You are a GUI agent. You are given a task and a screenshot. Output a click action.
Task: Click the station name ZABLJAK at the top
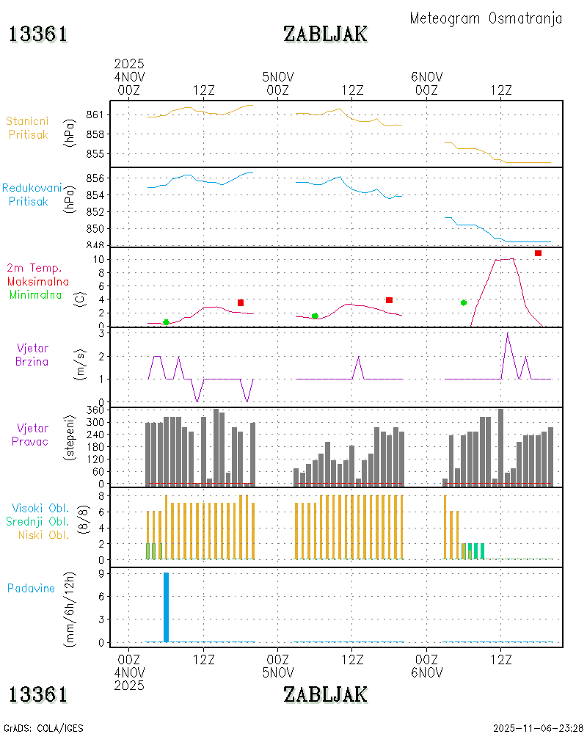(325, 34)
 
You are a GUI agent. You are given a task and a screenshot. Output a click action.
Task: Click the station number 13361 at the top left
(38, 34)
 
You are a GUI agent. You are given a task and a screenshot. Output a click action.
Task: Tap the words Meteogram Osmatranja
(486, 18)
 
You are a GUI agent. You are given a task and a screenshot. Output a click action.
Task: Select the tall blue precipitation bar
(166, 606)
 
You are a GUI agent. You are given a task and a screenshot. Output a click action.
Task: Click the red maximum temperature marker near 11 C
(538, 253)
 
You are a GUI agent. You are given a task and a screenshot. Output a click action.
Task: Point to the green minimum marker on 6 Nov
(464, 302)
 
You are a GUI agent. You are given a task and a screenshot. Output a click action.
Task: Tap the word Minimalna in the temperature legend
(36, 294)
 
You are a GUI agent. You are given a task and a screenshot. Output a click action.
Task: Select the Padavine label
(31, 588)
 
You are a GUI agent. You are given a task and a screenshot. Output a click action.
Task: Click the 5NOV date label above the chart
(278, 76)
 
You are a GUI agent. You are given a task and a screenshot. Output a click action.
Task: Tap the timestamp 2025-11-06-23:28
(535, 728)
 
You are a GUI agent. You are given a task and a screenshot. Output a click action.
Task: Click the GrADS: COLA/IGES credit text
(43, 728)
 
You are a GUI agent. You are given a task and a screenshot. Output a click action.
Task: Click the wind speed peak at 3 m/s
(507, 334)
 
